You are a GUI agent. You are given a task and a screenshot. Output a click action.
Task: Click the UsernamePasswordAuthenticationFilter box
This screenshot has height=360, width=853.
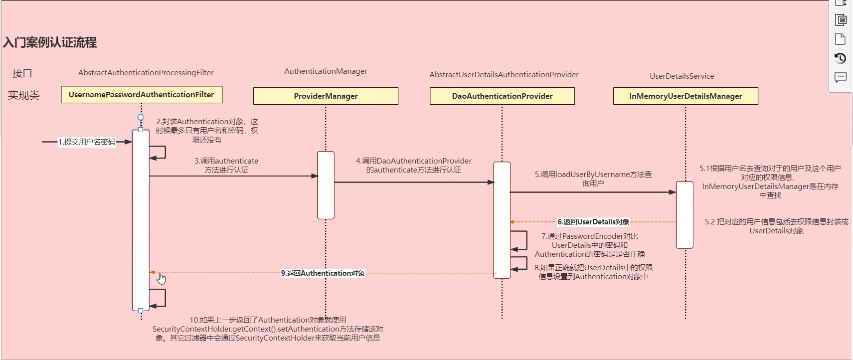(142, 95)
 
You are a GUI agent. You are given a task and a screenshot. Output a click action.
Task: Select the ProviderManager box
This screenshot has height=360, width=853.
(326, 96)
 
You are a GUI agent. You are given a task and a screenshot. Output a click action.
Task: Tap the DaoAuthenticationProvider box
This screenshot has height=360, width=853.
(502, 96)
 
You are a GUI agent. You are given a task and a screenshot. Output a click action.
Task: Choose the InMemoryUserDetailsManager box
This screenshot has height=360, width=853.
(685, 96)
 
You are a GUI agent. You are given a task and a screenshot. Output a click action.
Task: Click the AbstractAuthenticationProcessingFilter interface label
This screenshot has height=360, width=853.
(146, 73)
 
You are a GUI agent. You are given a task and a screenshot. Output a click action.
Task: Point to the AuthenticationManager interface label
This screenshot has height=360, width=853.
(326, 71)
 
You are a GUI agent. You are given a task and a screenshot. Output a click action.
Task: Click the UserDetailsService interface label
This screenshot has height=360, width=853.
(682, 76)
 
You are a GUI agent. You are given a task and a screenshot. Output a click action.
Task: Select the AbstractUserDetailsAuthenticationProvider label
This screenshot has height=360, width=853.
(504, 75)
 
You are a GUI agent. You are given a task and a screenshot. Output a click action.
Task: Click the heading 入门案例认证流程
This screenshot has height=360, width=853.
(50, 42)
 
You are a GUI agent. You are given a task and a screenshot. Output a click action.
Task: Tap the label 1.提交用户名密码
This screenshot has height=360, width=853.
(87, 142)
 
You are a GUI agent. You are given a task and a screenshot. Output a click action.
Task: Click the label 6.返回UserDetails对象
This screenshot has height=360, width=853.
(593, 222)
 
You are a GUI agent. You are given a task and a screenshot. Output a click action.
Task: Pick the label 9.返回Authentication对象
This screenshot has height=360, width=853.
(323, 273)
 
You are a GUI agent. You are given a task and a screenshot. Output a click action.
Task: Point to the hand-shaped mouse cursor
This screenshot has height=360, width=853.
(161, 278)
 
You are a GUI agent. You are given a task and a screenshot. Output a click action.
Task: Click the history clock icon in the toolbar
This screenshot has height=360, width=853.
(840, 58)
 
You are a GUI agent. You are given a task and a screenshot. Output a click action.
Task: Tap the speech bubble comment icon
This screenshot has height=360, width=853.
(840, 77)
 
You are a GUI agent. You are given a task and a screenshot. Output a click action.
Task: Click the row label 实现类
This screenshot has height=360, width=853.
(23, 95)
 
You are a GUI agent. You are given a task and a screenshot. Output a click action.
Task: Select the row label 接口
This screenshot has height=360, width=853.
(22, 73)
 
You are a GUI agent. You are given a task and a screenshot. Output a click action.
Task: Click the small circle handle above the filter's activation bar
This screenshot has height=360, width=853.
(141, 117)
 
